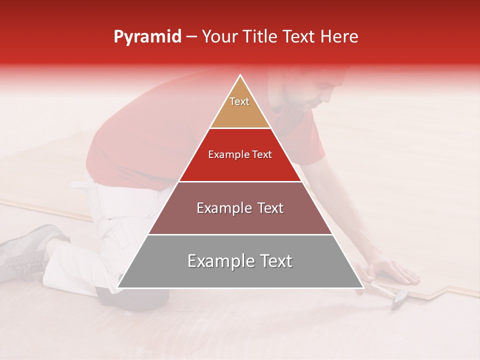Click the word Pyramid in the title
pyautogui.click(x=147, y=37)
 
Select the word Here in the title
pyautogui.click(x=339, y=36)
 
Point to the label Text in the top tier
pyautogui.click(x=239, y=101)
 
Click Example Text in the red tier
pyautogui.click(x=240, y=154)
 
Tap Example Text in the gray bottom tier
pyautogui.click(x=240, y=261)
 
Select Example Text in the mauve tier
pyautogui.click(x=240, y=208)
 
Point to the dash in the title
pyautogui.click(x=191, y=37)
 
